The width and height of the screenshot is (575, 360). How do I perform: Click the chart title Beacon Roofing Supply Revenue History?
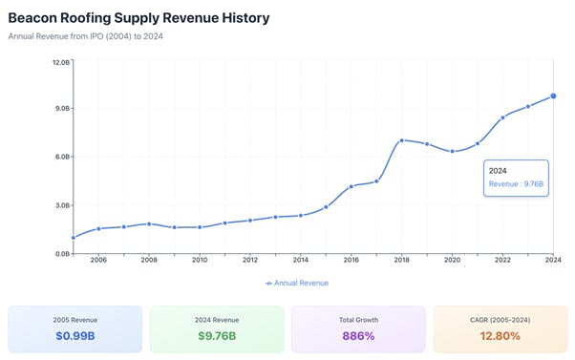(x=138, y=18)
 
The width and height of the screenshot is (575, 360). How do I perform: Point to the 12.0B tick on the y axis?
(x=60, y=62)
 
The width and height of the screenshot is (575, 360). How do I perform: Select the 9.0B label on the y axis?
(x=60, y=109)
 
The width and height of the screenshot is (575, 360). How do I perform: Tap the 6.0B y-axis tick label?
(x=60, y=157)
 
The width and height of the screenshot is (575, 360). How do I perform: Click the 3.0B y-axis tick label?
(x=60, y=205)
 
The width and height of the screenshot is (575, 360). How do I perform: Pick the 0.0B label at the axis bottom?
(x=60, y=253)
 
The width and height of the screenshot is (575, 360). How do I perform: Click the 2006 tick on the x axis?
(x=98, y=260)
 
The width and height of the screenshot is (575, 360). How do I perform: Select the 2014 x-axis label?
(x=301, y=260)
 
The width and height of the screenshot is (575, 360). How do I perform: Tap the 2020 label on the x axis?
(x=453, y=260)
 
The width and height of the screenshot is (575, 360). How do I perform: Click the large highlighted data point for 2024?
(x=554, y=96)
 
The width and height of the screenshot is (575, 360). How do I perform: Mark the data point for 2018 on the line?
(x=402, y=140)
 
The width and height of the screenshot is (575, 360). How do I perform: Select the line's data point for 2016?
(x=351, y=186)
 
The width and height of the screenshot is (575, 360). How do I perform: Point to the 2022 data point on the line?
(x=503, y=117)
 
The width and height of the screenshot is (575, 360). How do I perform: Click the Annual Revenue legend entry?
(x=297, y=283)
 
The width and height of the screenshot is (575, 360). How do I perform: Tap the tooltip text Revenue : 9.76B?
(x=516, y=183)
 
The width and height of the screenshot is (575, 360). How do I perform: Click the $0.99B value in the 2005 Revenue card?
(x=75, y=336)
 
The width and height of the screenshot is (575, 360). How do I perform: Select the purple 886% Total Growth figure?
(x=358, y=336)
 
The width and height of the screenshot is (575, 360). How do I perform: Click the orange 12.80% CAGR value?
(x=500, y=336)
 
